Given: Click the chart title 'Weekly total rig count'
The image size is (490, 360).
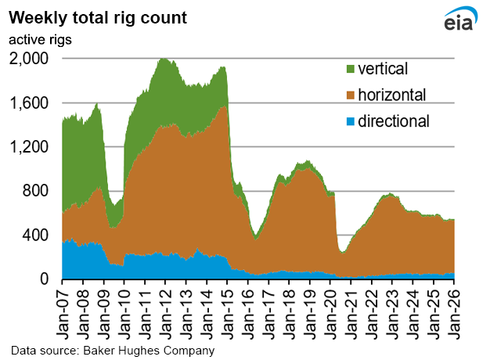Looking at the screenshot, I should [99, 18].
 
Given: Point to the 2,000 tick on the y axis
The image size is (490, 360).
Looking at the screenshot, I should [30, 59].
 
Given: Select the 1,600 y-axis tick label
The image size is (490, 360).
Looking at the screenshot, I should [30, 103].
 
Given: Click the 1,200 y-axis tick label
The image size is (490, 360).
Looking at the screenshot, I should [30, 147].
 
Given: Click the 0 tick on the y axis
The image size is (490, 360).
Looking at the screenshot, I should [44, 279].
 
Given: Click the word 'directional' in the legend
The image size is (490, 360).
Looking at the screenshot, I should [395, 121].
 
